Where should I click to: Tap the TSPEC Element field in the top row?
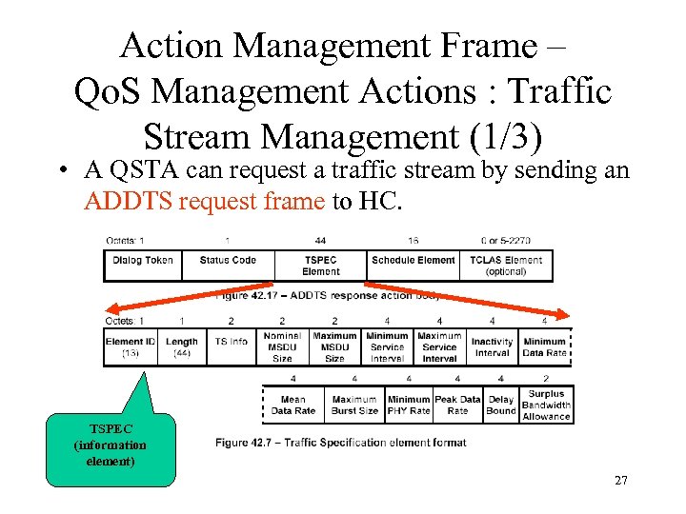click(x=321, y=266)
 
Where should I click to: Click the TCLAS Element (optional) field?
click(x=506, y=266)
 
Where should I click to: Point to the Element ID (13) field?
click(x=131, y=347)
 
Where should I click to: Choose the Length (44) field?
click(x=181, y=347)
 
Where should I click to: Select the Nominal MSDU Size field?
click(x=282, y=347)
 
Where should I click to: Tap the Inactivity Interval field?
click(x=492, y=347)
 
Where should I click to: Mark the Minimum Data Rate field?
click(x=544, y=347)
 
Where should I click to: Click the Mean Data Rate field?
click(x=293, y=405)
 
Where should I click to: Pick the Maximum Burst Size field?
click(x=354, y=405)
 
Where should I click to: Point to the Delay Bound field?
click(x=500, y=405)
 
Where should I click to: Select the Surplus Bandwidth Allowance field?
click(x=546, y=405)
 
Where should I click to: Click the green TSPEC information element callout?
click(x=111, y=445)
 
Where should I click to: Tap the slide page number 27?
click(x=621, y=480)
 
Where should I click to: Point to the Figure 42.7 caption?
click(x=340, y=443)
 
